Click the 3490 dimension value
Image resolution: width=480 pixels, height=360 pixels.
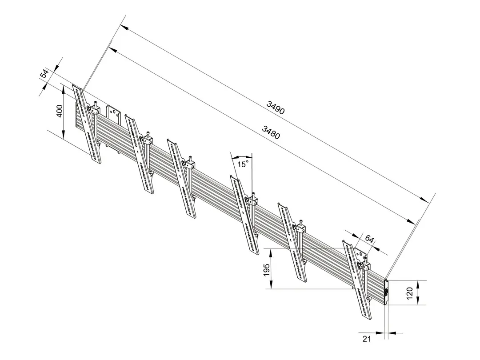pyautogui.click(x=276, y=108)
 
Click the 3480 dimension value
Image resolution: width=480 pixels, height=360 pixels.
pyautogui.click(x=271, y=132)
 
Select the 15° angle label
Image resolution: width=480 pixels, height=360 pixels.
pyautogui.click(x=242, y=164)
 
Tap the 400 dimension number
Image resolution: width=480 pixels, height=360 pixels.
pyautogui.click(x=59, y=111)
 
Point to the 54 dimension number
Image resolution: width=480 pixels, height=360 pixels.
pyautogui.click(x=44, y=74)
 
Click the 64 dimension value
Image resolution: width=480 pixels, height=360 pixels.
pyautogui.click(x=369, y=238)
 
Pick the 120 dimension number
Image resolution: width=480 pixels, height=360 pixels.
pyautogui.click(x=410, y=292)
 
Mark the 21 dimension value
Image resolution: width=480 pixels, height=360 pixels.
pyautogui.click(x=367, y=339)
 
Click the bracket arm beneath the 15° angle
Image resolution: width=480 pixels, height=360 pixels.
pyautogui.click(x=244, y=215)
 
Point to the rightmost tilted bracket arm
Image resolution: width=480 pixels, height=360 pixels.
pyautogui.click(x=357, y=280)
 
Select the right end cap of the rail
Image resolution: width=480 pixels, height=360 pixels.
pyautogui.click(x=386, y=292)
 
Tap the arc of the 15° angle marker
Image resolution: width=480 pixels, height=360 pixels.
pyautogui.click(x=242, y=157)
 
